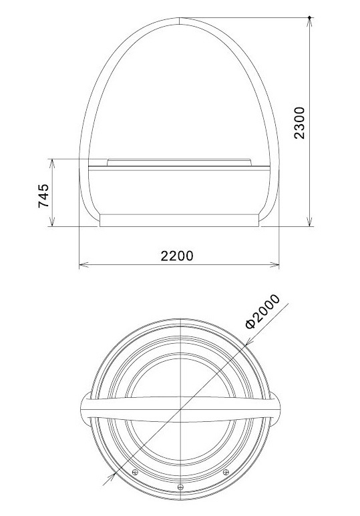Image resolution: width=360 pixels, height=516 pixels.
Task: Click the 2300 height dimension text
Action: [x=299, y=123]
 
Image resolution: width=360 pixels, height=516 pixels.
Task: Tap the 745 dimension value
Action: [x=44, y=196]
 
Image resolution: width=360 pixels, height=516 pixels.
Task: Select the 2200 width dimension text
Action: [x=177, y=256]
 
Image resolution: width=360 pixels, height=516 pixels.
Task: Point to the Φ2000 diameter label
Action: [x=262, y=311]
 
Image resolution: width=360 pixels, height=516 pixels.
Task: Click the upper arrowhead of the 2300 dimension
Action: [x=309, y=23]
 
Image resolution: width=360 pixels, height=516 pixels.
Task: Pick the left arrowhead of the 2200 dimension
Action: [x=84, y=264]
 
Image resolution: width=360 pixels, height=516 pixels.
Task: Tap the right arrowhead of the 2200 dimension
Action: [x=274, y=264]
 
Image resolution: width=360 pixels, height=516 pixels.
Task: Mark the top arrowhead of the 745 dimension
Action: [x=52, y=164]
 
